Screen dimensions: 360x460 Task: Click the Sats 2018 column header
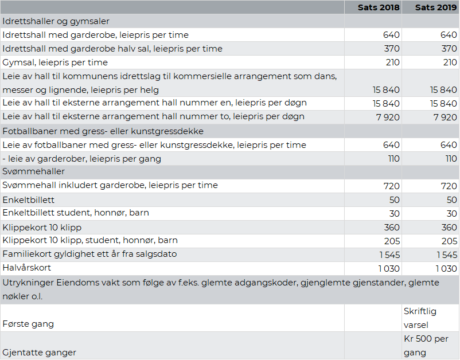click(379, 7)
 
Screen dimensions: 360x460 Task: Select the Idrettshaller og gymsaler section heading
click(56, 21)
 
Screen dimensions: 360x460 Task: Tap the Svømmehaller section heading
click(34, 171)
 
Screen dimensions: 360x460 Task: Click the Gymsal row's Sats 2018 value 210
click(392, 62)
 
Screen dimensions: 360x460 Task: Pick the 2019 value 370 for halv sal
click(449, 49)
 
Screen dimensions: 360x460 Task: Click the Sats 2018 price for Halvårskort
click(388, 268)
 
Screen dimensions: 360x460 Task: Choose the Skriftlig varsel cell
click(420, 318)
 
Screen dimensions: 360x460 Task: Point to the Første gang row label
click(28, 324)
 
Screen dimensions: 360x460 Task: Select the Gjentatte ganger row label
click(39, 352)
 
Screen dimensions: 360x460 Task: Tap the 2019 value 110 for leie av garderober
click(450, 159)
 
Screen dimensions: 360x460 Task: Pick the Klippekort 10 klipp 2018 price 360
click(392, 228)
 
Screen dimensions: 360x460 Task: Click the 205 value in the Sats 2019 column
click(449, 241)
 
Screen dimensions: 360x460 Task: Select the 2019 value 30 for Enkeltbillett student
click(451, 213)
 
